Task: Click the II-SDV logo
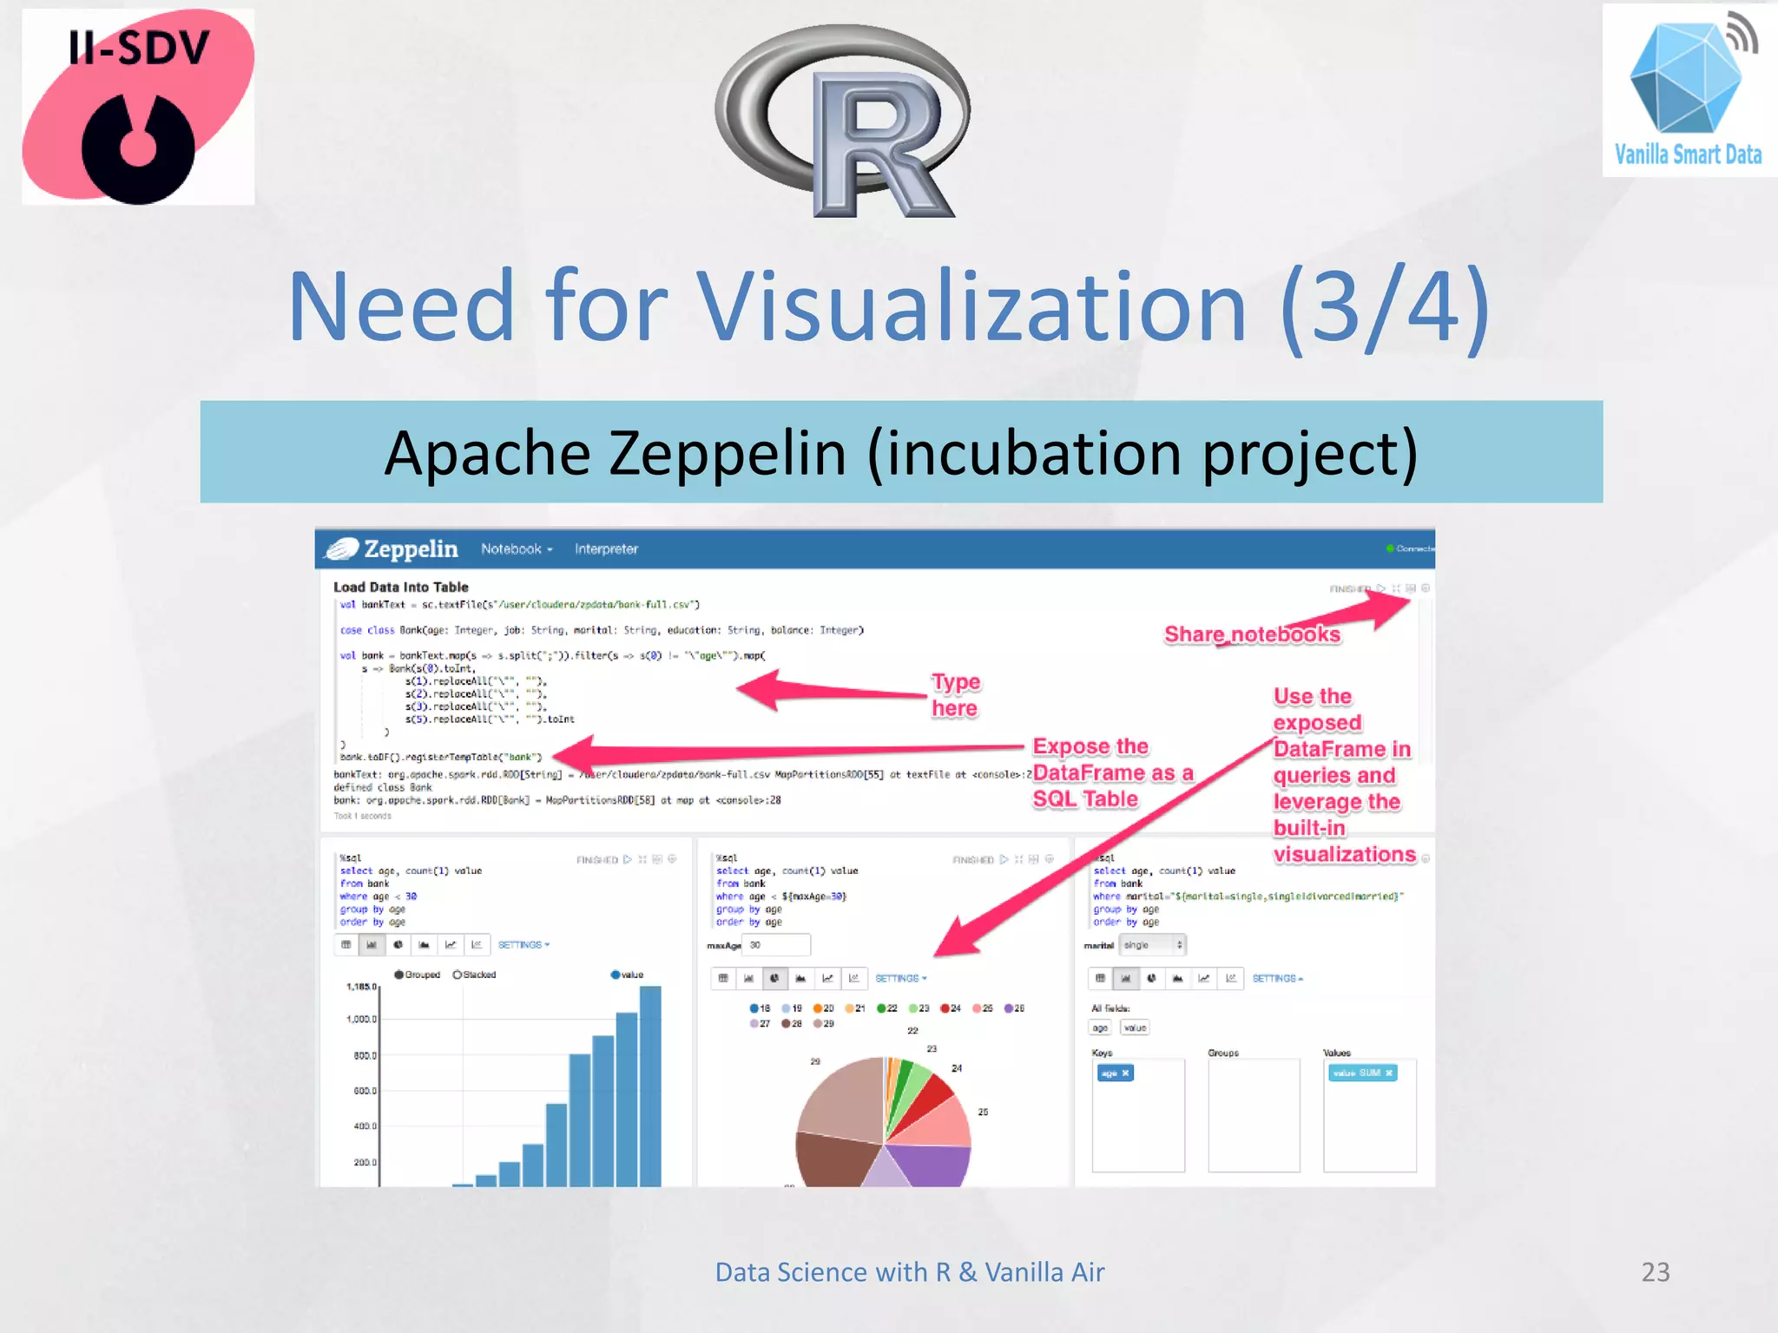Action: coord(138,108)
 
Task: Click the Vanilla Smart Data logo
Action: coord(1689,91)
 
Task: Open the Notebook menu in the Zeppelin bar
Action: coord(516,549)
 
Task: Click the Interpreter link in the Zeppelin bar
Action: coord(606,549)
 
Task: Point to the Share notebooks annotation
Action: coord(1252,634)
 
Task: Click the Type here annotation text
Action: coord(955,695)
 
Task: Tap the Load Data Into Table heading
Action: coord(400,588)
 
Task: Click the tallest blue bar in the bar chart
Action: coord(650,1085)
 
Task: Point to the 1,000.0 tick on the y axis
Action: coord(361,1020)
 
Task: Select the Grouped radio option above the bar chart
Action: coord(399,975)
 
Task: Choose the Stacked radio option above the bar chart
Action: coord(458,975)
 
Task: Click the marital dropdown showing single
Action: coord(1151,945)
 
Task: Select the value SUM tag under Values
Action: coord(1362,1074)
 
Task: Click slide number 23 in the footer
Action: coord(1655,1272)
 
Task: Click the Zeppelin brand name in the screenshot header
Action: coord(411,549)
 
